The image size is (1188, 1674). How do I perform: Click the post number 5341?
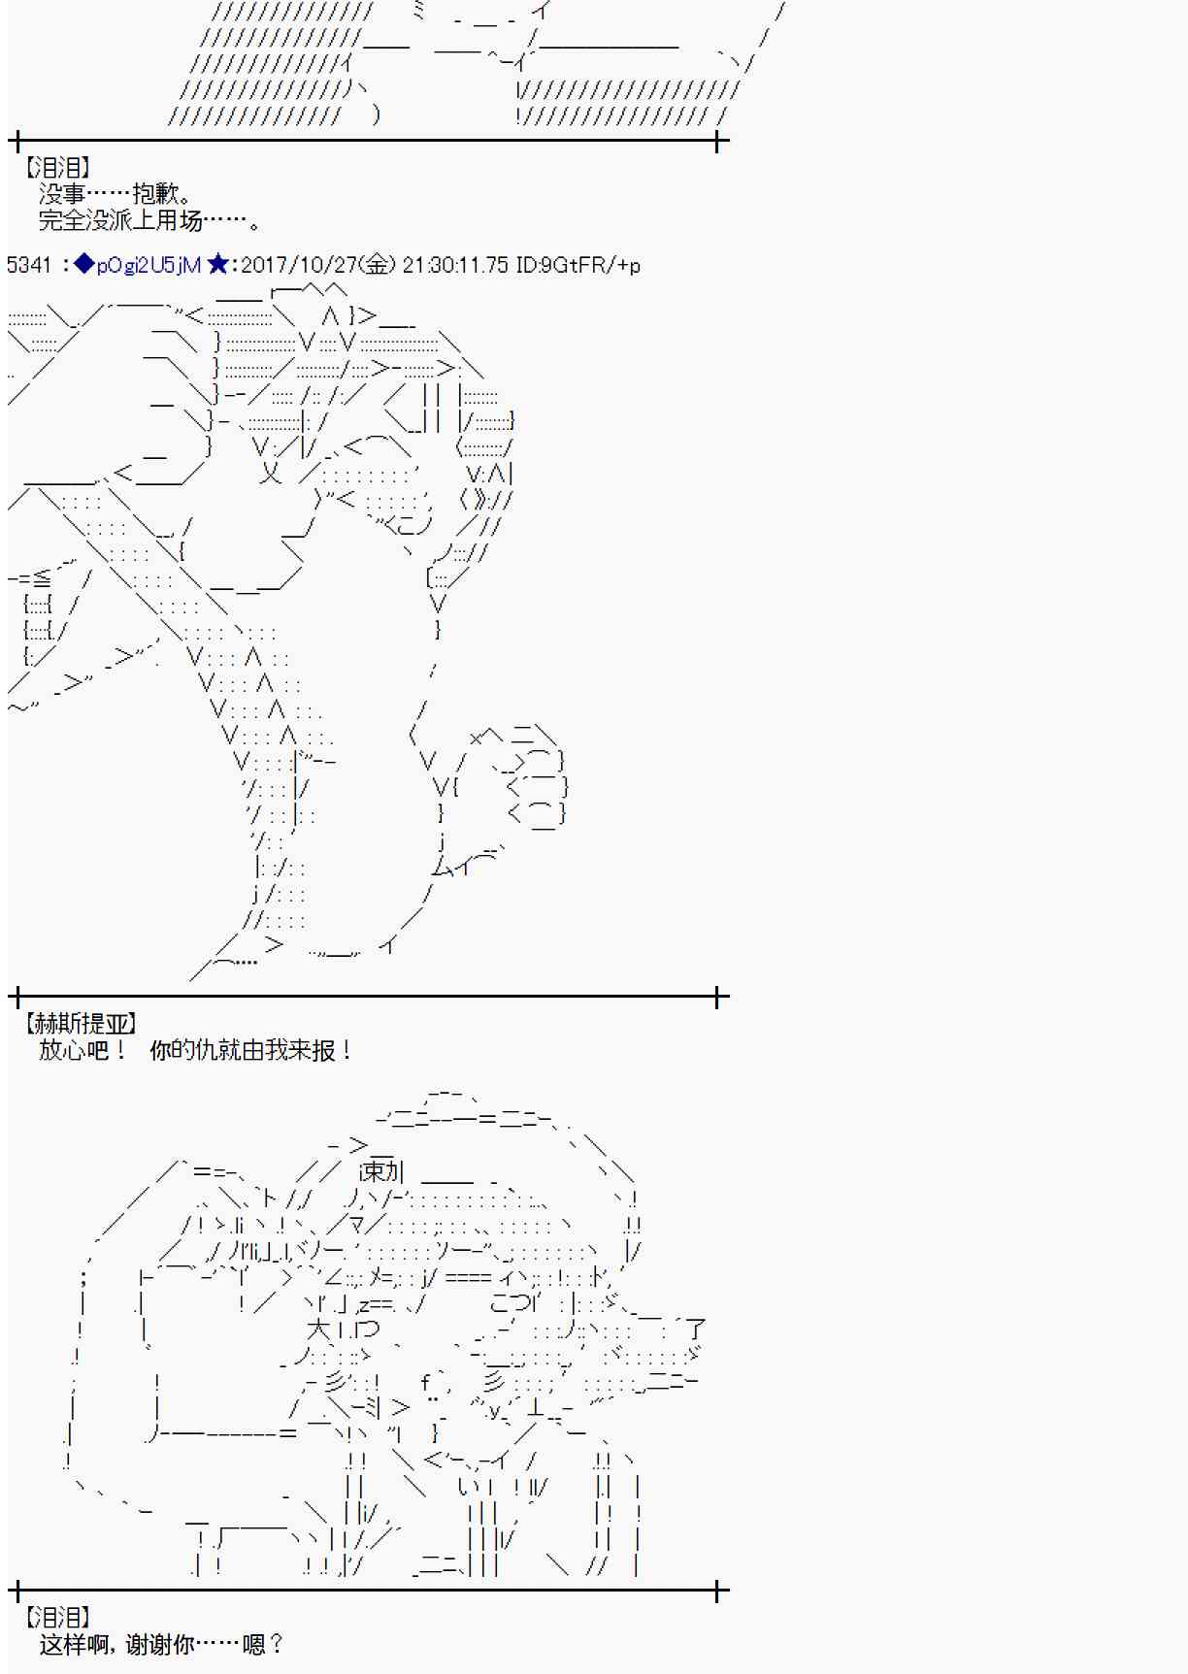(28, 265)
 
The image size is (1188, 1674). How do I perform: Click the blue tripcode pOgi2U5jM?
(148, 265)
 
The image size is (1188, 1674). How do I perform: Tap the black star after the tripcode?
(217, 264)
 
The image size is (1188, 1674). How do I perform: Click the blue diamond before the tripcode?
(84, 264)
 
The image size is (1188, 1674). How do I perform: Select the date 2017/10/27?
(300, 265)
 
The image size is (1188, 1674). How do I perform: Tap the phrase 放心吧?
(74, 1050)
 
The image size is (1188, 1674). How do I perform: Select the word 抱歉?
(155, 194)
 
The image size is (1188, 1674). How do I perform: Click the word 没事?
(62, 194)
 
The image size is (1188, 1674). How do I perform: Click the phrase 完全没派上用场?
(120, 221)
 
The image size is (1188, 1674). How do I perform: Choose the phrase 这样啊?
(74, 1644)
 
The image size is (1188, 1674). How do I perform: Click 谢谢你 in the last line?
(160, 1644)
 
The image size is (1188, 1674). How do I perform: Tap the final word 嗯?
(254, 1644)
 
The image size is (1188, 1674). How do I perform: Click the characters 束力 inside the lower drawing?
(381, 1172)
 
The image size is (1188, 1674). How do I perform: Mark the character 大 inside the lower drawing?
(318, 1329)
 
